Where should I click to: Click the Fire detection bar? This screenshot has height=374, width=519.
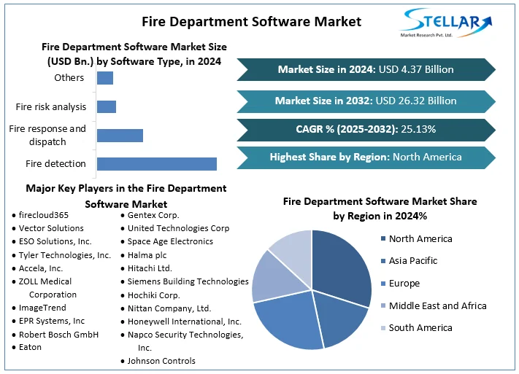pyautogui.click(x=156, y=163)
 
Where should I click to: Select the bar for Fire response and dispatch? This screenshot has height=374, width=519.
pyautogui.click(x=120, y=135)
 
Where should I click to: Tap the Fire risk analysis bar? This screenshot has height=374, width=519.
pyautogui.click(x=107, y=106)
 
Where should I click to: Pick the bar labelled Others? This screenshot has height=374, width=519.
pyautogui.click(x=105, y=78)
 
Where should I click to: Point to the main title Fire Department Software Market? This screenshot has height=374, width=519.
pyautogui.click(x=251, y=21)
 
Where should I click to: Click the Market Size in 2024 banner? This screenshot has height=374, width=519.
pyautogui.click(x=366, y=69)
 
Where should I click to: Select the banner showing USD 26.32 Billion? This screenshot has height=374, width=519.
pyautogui.click(x=366, y=101)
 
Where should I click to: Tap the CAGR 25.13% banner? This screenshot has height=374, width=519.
pyautogui.click(x=366, y=129)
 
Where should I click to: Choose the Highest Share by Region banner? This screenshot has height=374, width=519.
pyautogui.click(x=366, y=157)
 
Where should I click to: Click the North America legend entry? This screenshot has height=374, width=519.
pyautogui.click(x=420, y=238)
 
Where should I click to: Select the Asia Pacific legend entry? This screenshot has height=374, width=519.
pyautogui.click(x=413, y=260)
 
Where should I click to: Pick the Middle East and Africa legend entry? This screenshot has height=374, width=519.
pyautogui.click(x=437, y=305)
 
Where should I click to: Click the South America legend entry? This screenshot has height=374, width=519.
pyautogui.click(x=420, y=327)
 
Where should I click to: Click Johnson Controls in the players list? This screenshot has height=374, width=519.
pyautogui.click(x=161, y=360)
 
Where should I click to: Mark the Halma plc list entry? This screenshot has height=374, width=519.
pyautogui.click(x=147, y=254)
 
